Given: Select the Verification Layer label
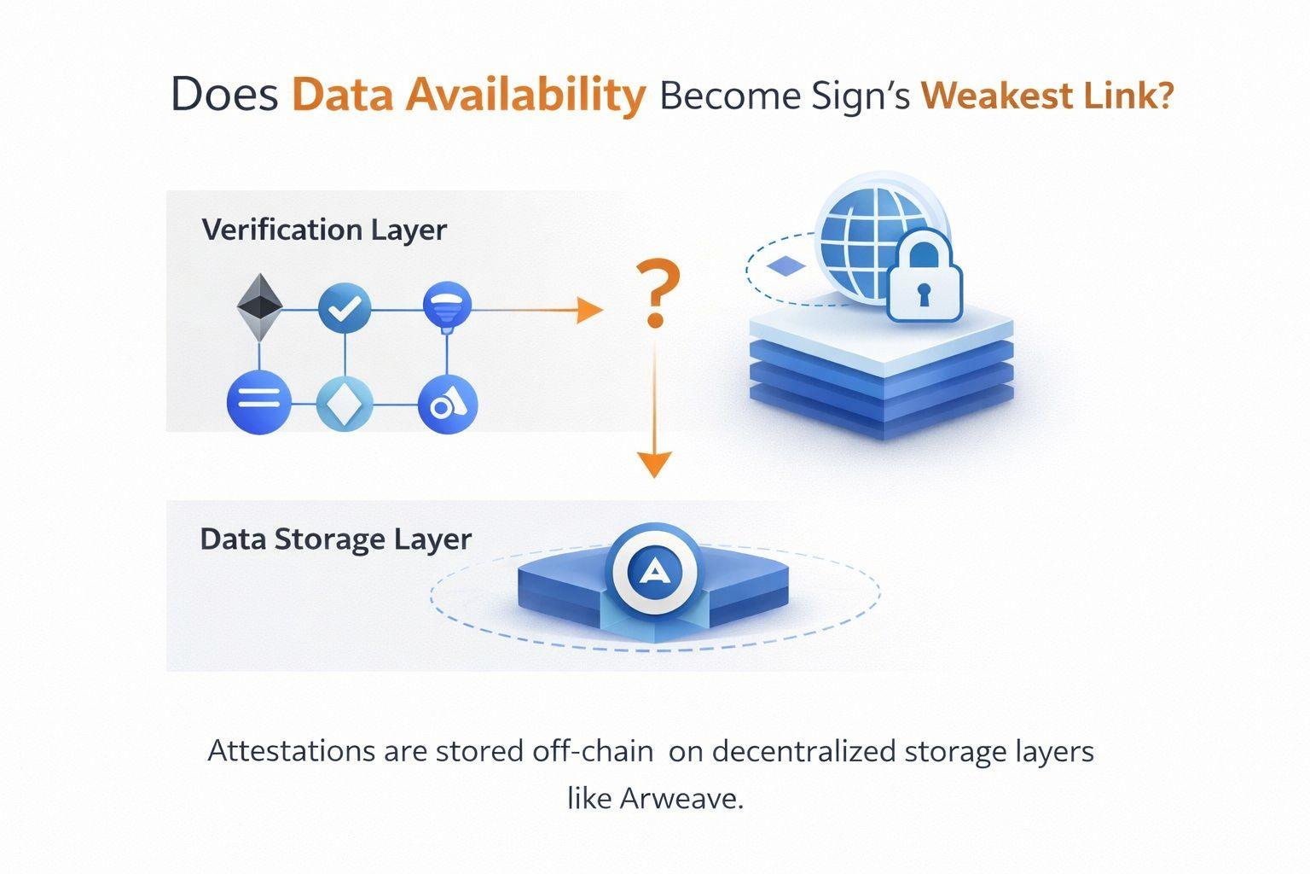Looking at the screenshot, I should coord(324,230).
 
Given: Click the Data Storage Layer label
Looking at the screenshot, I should coord(335,539).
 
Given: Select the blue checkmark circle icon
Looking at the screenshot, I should coord(345,308).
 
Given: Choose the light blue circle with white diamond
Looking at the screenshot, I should coord(345,403).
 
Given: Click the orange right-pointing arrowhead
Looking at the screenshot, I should coord(589,309).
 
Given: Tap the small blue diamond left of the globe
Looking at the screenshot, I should coord(786,267).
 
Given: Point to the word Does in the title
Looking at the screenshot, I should coord(225,95).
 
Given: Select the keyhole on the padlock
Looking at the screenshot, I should coord(925,294).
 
